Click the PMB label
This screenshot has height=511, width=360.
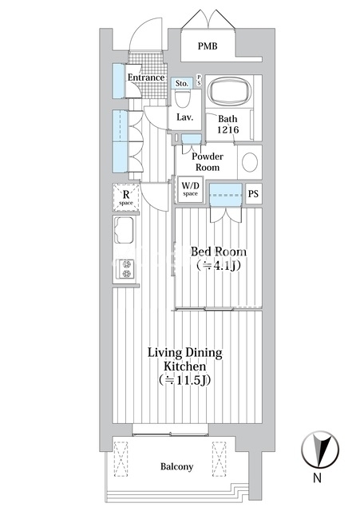click(x=208, y=46)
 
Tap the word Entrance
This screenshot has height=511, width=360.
click(x=146, y=77)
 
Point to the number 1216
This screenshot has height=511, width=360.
click(x=228, y=129)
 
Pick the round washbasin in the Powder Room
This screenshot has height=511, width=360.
click(x=250, y=162)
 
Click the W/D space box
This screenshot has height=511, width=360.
click(x=190, y=190)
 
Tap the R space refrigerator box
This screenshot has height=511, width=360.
click(x=126, y=197)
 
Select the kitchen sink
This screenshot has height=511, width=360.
click(x=124, y=230)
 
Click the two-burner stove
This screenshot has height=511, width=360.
click(x=126, y=269)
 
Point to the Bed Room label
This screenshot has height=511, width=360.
click(x=218, y=252)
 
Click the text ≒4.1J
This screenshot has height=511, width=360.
click(x=219, y=266)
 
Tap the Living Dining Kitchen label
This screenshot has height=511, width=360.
click(x=185, y=359)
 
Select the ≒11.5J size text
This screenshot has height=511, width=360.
click(x=184, y=380)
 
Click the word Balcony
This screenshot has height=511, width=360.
click(x=176, y=466)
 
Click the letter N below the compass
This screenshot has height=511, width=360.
click(x=317, y=477)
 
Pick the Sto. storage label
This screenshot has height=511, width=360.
click(x=182, y=83)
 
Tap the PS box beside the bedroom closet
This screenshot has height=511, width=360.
click(x=254, y=193)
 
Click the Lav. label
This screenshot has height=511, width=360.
click(x=185, y=117)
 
